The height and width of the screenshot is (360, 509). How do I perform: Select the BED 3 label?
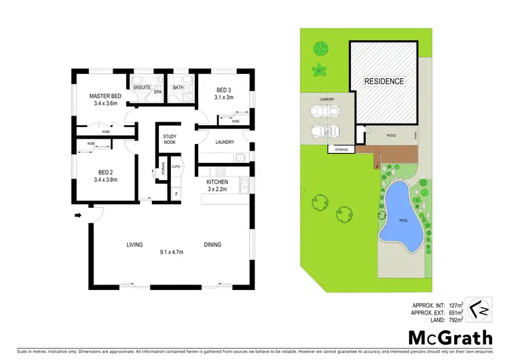[x=225, y=90]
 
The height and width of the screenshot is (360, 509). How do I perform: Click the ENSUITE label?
[x=142, y=88]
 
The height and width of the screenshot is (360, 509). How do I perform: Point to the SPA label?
[x=157, y=92]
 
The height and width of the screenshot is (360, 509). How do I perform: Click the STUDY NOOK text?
[x=170, y=140]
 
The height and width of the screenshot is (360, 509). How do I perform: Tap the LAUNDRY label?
[x=225, y=142]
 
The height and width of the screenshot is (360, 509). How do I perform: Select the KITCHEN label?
[x=218, y=183]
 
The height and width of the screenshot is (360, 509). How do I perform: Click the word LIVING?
[x=134, y=245]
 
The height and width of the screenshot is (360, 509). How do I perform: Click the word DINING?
[x=213, y=245]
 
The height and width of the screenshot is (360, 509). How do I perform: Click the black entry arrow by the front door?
[x=78, y=216]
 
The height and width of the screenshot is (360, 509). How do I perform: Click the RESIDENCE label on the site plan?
[x=384, y=82]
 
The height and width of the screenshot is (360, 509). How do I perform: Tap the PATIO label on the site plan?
[x=391, y=136]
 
